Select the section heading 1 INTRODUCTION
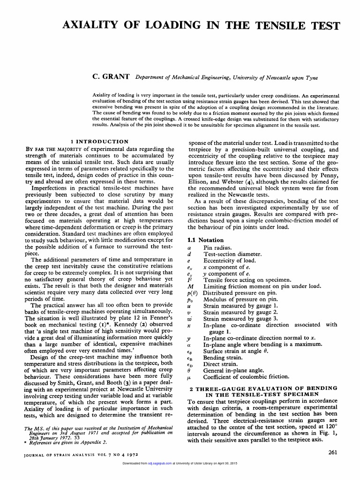tap(99, 141)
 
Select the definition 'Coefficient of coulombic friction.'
tap(246, 376)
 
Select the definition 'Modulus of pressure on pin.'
tap(240, 299)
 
